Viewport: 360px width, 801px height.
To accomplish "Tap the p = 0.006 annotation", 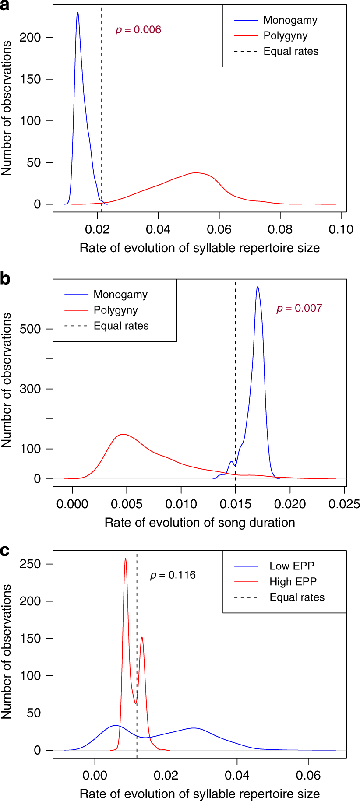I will (x=138, y=30).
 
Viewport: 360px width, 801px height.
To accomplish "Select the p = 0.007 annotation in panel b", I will (x=299, y=308).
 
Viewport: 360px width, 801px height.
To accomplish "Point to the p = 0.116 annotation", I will (x=173, y=575).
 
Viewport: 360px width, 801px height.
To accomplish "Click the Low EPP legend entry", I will (x=292, y=566).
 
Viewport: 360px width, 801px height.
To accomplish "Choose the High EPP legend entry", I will (x=293, y=582).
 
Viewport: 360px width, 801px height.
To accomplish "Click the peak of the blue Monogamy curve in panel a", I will (x=78, y=13).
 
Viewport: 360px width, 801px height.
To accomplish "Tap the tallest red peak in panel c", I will (x=125, y=559).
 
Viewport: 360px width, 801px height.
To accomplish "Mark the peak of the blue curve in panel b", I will (x=257, y=287).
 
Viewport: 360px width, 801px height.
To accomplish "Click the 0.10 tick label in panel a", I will (x=341, y=229).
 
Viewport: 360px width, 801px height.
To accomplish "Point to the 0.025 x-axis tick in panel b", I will (x=344, y=504).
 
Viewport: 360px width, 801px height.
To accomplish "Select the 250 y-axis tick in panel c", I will (x=30, y=564).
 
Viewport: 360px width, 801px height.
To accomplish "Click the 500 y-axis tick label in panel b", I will (x=30, y=329).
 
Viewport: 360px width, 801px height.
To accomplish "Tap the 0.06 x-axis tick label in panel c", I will (x=308, y=775).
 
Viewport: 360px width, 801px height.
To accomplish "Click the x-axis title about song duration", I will (x=200, y=523).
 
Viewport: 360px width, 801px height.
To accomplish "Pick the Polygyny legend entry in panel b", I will (x=116, y=310).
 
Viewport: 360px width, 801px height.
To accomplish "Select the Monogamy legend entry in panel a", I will (x=290, y=20).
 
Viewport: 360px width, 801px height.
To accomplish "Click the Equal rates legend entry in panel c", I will (x=297, y=597).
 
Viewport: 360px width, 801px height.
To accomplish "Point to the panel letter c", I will (x=5, y=550).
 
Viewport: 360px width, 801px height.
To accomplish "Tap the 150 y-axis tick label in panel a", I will (x=30, y=79).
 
